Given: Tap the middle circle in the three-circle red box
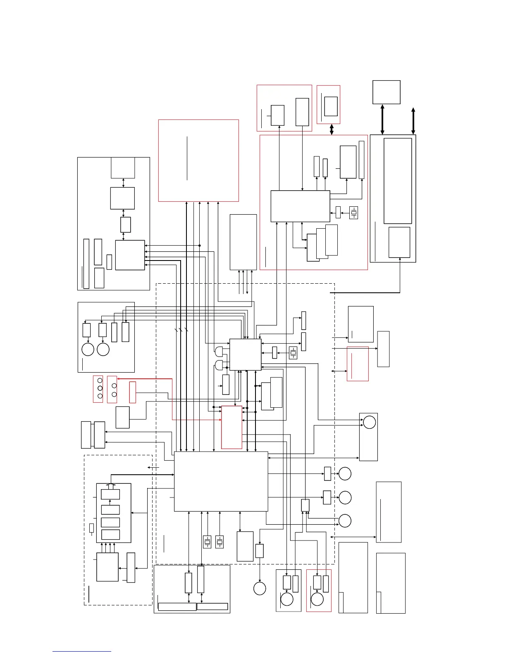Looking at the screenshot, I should click(100, 388).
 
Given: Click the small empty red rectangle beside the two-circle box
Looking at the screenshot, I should click(133, 392).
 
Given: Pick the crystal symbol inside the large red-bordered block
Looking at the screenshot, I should click(353, 213).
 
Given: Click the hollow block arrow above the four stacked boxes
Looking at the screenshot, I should click(110, 486).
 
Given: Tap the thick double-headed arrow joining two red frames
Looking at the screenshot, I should click(332, 129).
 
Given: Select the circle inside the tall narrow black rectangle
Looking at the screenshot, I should click(369, 423).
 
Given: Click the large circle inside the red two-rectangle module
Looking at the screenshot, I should click(317, 599).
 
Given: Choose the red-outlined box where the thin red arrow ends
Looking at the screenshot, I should click(232, 427).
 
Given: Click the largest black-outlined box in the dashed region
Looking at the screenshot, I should click(221, 481).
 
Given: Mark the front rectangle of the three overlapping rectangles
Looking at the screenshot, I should click(313, 248).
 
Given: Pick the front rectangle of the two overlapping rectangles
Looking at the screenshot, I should click(267, 396).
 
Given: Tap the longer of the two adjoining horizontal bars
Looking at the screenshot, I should click(177, 607).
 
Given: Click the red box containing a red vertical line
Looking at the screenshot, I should click(358, 363).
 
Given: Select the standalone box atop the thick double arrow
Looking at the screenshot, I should click(387, 92).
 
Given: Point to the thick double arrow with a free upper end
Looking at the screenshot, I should click(413, 121).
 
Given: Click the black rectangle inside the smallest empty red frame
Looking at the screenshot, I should click(331, 106).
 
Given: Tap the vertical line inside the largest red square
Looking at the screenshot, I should click(187, 158).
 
